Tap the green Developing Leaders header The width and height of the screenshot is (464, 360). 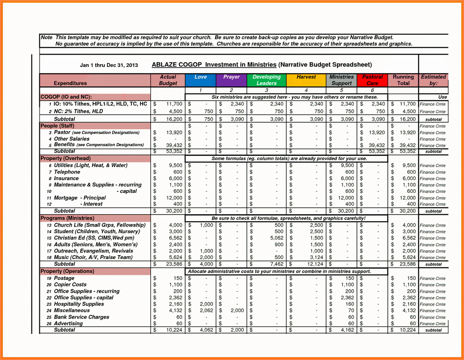[x=266, y=80]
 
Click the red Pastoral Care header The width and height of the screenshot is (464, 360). [x=372, y=80]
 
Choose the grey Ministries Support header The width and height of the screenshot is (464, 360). [x=341, y=80]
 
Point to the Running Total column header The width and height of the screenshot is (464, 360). [x=403, y=80]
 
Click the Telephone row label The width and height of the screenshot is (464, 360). [x=67, y=172]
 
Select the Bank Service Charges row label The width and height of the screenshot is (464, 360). [x=82, y=317]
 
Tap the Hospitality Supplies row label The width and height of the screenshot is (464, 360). [x=79, y=304]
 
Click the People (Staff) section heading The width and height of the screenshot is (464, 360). [x=57, y=126]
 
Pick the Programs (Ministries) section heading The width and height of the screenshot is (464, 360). [x=67, y=218]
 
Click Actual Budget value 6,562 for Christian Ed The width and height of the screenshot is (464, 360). [x=175, y=238]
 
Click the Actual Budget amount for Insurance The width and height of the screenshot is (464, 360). [x=175, y=179]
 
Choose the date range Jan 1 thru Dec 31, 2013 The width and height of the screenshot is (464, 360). [x=109, y=65]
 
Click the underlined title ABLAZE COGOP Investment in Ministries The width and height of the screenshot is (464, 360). [x=214, y=65]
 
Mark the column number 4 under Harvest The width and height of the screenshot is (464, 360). [x=306, y=90]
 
